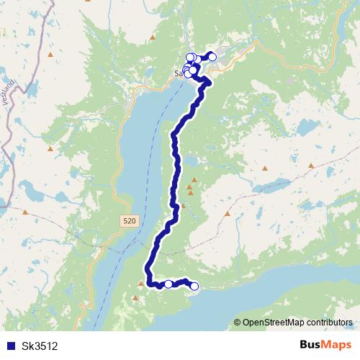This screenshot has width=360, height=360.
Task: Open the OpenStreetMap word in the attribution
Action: [x=271, y=323]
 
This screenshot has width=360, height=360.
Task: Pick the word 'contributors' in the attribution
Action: [x=328, y=323]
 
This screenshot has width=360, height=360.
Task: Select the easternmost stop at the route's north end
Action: [x=212, y=56]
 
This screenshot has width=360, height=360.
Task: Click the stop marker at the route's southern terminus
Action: [x=194, y=287]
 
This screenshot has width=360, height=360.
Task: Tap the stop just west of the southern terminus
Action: [x=168, y=284]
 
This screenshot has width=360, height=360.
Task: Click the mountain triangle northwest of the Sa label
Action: [x=152, y=36]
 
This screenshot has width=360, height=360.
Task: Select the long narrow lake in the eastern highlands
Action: [x=272, y=186]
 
